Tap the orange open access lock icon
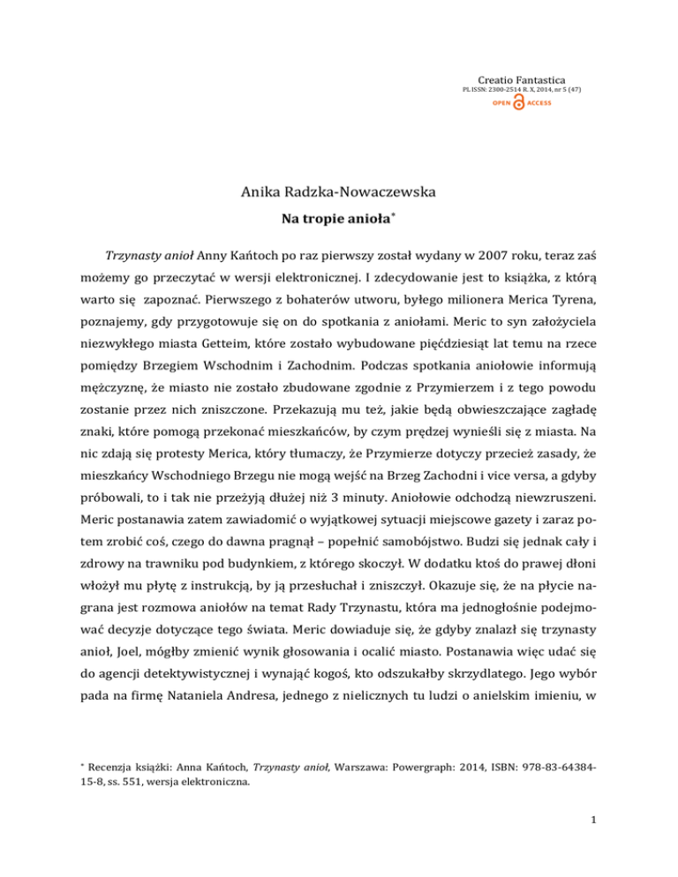tap(518, 103)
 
